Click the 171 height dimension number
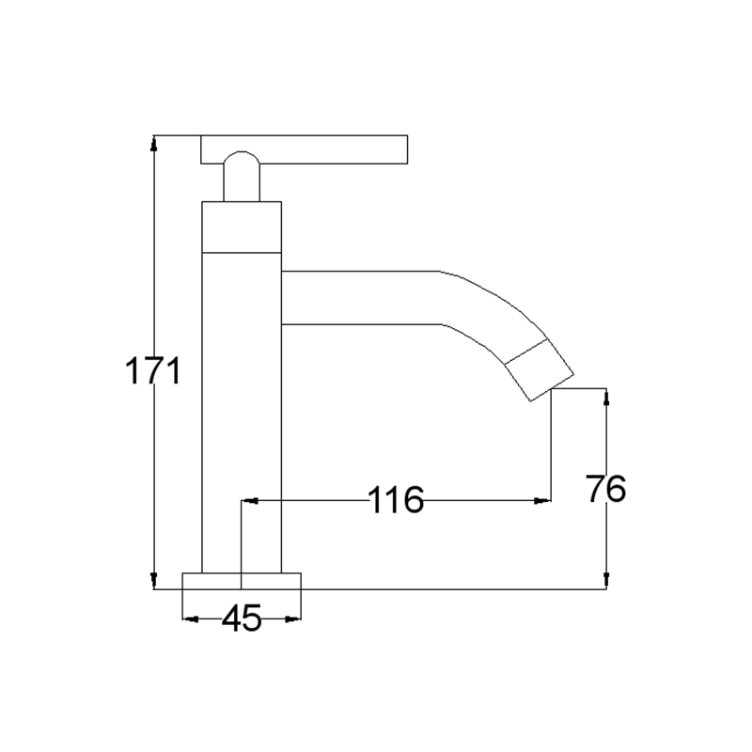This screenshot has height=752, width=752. [x=153, y=370]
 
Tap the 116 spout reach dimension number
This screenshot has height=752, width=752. [x=396, y=500]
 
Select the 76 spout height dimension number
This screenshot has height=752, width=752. [x=606, y=489]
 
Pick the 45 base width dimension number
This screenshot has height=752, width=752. [x=242, y=618]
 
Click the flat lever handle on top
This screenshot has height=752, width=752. [x=304, y=149]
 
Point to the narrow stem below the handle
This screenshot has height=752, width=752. [x=242, y=182]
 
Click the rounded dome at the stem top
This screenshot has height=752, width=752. [x=242, y=157]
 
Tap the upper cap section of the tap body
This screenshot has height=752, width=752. [x=242, y=227]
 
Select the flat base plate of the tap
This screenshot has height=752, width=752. [x=242, y=581]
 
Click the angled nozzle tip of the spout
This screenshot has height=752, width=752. [x=540, y=369]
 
